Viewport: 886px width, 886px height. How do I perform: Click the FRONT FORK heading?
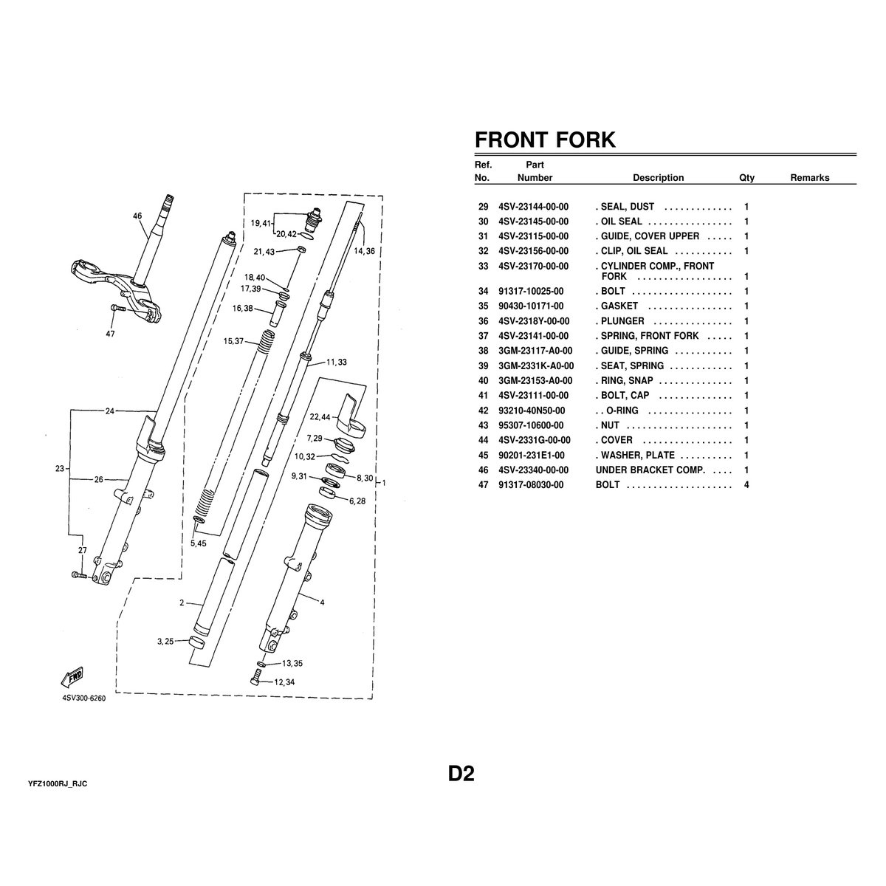click(545, 140)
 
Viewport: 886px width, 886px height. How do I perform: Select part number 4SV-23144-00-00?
click(533, 207)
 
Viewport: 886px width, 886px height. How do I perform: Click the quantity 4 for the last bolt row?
click(746, 485)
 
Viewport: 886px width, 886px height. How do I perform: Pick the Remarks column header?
click(809, 178)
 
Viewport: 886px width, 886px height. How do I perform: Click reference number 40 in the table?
click(484, 381)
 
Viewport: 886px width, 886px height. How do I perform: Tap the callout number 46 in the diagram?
click(137, 216)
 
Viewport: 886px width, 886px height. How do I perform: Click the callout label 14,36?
click(365, 251)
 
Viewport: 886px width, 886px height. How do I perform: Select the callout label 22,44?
click(320, 417)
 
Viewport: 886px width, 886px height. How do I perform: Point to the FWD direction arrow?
click(74, 678)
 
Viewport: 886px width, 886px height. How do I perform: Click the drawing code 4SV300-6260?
click(84, 698)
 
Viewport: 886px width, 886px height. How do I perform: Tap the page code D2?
click(461, 774)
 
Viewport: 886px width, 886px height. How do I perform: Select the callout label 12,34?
click(284, 681)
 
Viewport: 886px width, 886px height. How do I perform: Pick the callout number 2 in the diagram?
click(181, 603)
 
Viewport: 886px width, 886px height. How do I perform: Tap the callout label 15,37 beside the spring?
click(233, 341)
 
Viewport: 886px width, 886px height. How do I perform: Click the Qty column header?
click(746, 178)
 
